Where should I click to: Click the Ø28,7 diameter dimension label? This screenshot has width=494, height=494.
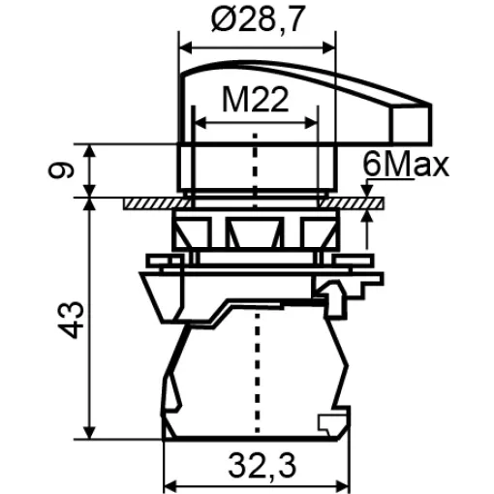point(258,20)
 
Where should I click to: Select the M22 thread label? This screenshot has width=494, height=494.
point(255,100)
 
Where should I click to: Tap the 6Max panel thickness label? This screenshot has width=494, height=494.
point(406,165)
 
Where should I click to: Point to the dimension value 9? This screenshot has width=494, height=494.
point(61,170)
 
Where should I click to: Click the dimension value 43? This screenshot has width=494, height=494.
point(71,320)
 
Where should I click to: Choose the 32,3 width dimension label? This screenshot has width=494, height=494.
point(262,466)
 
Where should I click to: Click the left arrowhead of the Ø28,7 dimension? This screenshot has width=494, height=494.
point(186,48)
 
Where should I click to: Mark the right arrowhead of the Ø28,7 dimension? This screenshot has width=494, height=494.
point(328,48)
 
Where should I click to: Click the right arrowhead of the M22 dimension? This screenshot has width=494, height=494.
point(311,123)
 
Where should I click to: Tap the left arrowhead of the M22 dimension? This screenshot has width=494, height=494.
point(201,123)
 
